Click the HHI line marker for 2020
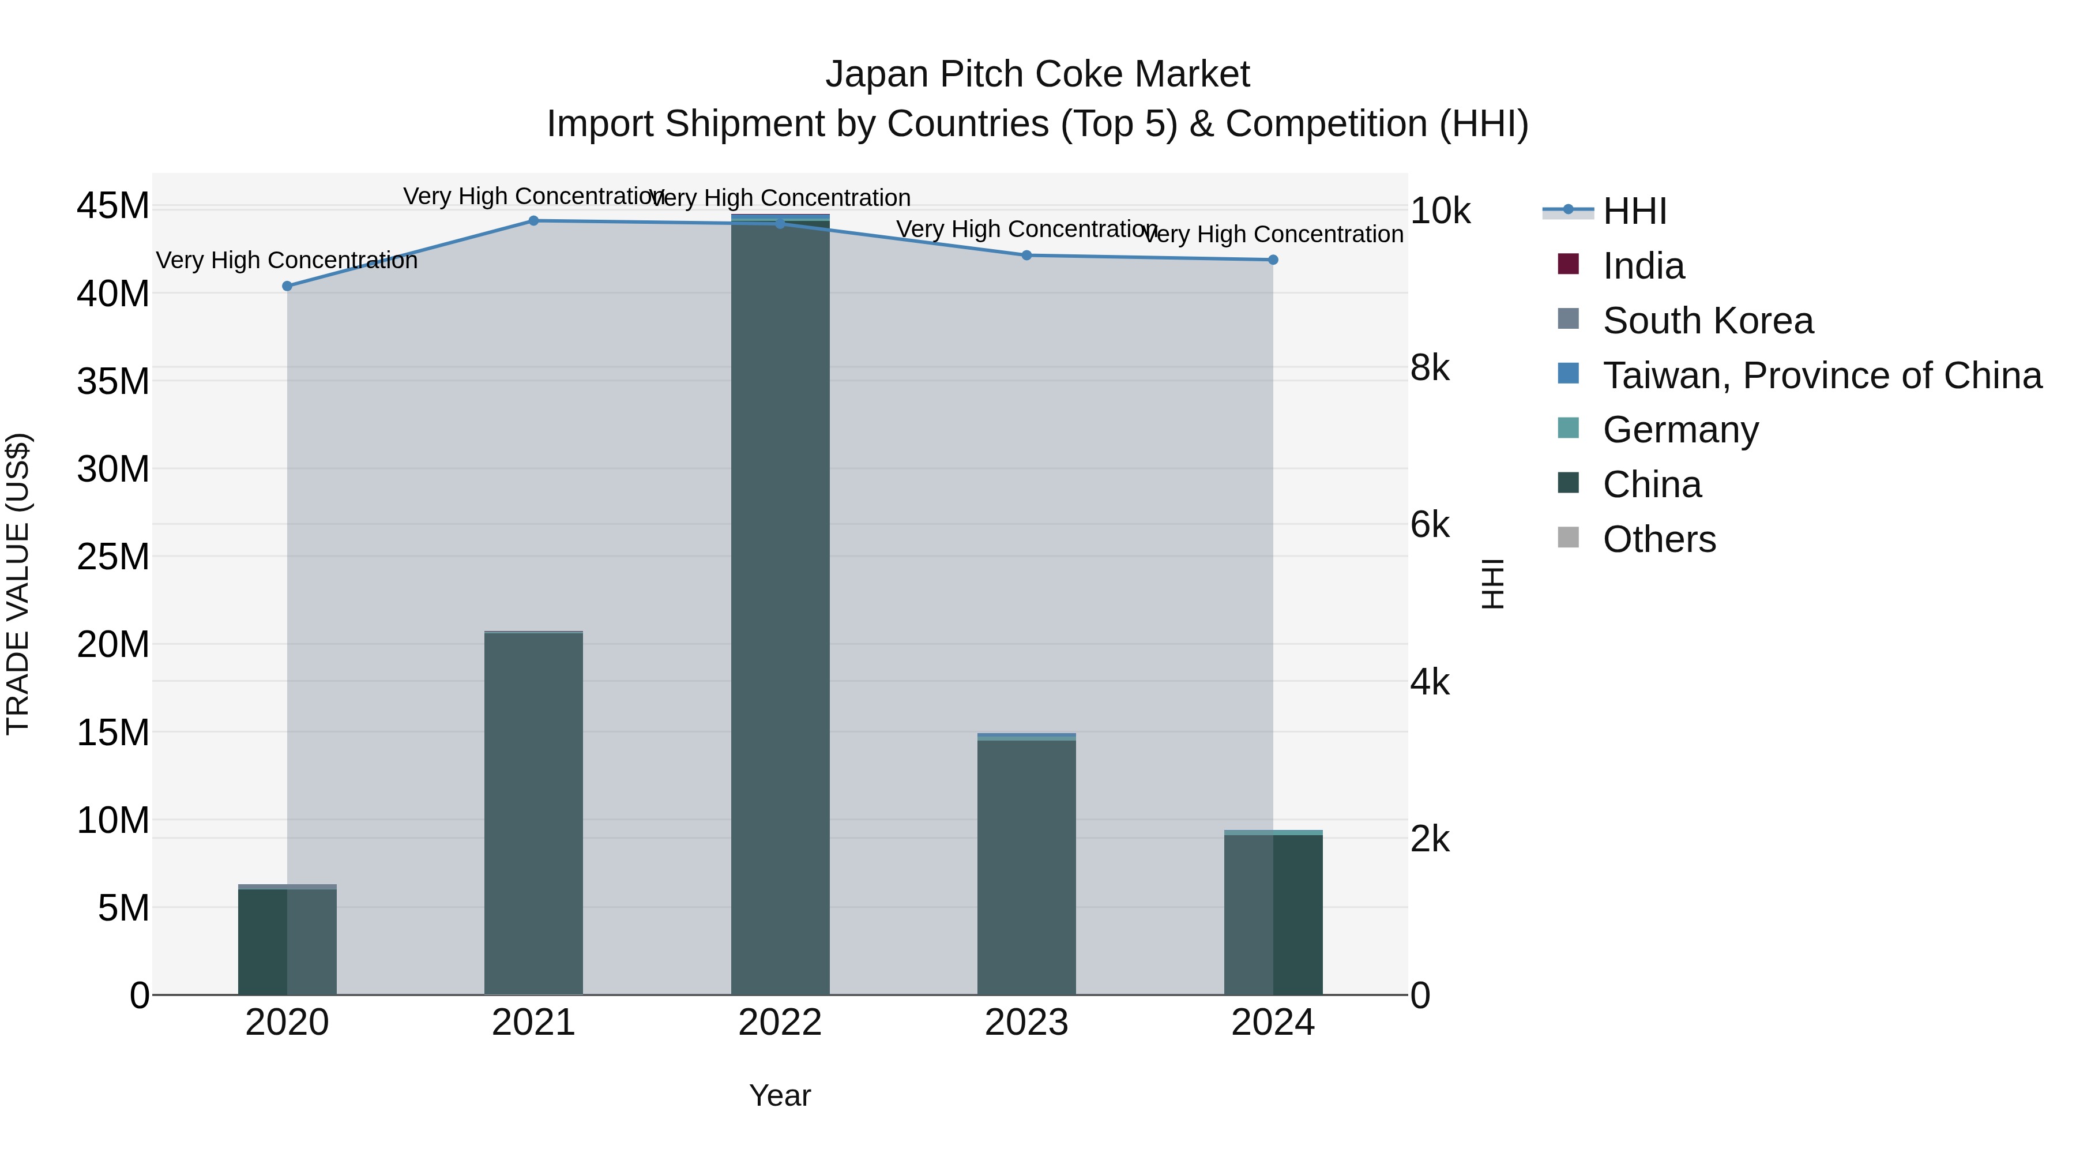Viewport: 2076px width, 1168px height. click(x=287, y=286)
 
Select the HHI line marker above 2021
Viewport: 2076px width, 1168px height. click(x=533, y=221)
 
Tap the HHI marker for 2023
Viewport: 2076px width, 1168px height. click(x=1026, y=256)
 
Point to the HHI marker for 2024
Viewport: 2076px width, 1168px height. click(x=1273, y=260)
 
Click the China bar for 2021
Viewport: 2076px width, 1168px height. click(x=533, y=814)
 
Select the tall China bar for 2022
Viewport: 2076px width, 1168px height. click(x=780, y=604)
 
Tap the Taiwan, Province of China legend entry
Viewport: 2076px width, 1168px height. click(x=1821, y=375)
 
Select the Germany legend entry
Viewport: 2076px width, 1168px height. click(x=1680, y=430)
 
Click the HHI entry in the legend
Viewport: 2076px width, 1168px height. click(x=1634, y=211)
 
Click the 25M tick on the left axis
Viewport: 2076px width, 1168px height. click(x=113, y=557)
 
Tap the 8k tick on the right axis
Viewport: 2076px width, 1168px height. click(x=1430, y=369)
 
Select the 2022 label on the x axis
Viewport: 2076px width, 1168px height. click(x=780, y=1023)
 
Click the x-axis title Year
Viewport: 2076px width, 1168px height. click(x=780, y=1095)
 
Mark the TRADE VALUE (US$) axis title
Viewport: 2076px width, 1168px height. click(x=18, y=584)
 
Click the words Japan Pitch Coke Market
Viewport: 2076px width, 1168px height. click(x=1037, y=74)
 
